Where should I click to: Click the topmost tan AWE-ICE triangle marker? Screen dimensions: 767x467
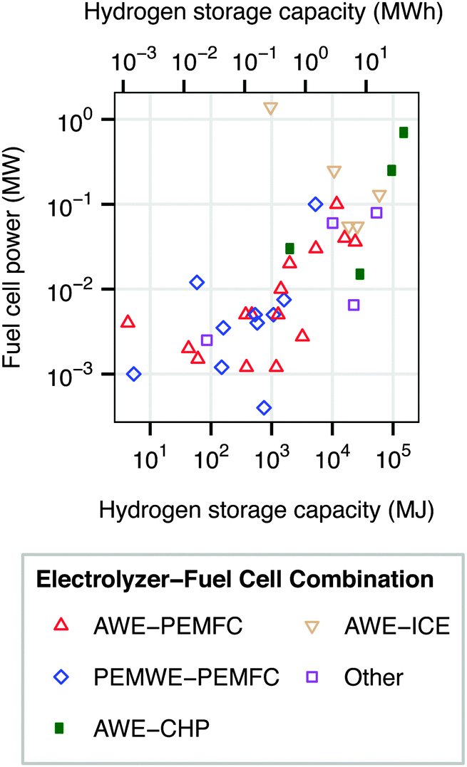[271, 108]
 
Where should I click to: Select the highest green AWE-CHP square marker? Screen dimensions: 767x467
[404, 132]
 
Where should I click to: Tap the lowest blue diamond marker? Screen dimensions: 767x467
[265, 407]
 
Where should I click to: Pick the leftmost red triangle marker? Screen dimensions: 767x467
[128, 321]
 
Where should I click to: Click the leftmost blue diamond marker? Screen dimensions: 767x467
[133, 374]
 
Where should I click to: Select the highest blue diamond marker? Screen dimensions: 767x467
[316, 204]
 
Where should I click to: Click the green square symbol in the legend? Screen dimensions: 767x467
[61, 727]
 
